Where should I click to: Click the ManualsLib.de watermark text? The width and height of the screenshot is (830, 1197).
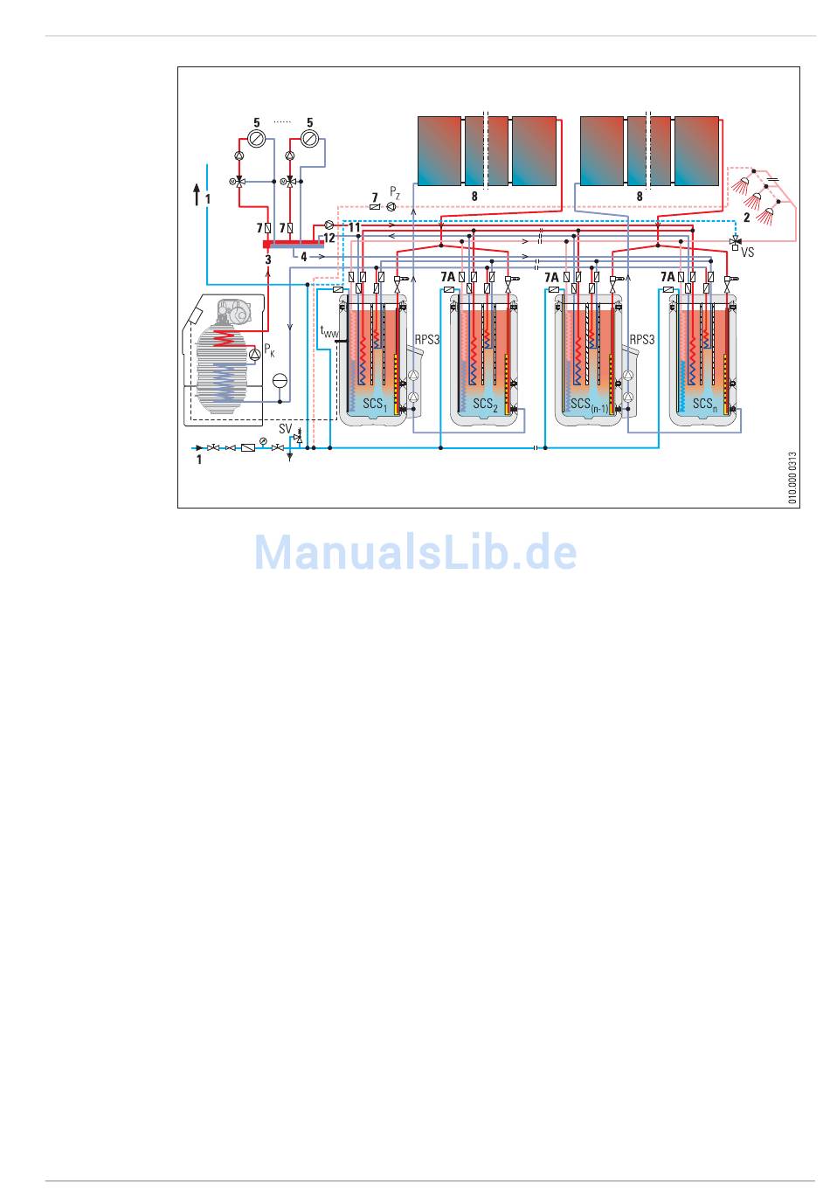tap(416, 552)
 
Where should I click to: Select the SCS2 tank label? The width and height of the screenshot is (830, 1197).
tap(485, 404)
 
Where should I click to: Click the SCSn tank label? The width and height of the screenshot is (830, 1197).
tap(704, 404)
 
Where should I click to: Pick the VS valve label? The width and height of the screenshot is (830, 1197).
tap(747, 253)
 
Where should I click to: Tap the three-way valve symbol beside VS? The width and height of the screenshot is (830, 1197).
tap(735, 240)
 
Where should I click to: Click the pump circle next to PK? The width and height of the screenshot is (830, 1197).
tap(255, 352)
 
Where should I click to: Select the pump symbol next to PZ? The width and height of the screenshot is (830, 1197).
tap(391, 206)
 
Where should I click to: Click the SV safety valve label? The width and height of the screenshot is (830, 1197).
tap(285, 429)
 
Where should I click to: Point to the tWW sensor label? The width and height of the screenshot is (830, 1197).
tap(329, 332)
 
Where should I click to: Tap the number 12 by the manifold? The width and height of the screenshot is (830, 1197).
tap(329, 237)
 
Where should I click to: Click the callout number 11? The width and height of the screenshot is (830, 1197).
tap(354, 227)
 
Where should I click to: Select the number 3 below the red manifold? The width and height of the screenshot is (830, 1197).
tap(268, 259)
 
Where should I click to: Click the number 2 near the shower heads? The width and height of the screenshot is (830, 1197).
tap(746, 216)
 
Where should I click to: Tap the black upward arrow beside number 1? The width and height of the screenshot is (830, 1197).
tap(197, 193)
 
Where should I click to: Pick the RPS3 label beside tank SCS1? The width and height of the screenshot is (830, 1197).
tap(426, 339)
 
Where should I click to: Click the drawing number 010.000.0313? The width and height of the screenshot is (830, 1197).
tap(792, 478)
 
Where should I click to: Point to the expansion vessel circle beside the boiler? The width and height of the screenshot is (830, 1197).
tap(280, 380)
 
